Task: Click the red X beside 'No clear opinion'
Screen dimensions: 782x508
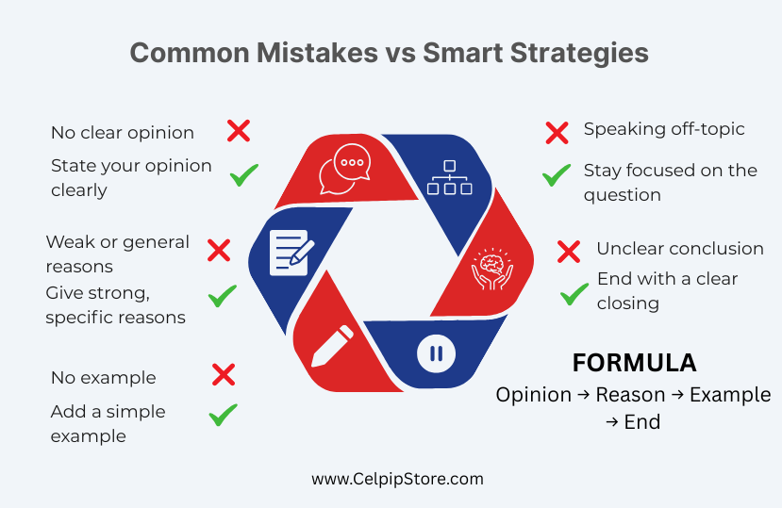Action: [x=239, y=131]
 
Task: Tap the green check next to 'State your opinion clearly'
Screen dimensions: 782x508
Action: [x=244, y=175]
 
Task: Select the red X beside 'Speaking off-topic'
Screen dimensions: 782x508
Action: [x=557, y=133]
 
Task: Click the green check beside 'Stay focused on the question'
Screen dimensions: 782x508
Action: [x=556, y=175]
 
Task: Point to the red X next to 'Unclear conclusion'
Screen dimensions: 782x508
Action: [x=569, y=252]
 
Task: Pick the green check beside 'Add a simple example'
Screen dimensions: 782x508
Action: [x=223, y=415]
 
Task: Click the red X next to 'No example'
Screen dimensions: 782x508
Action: [x=224, y=374]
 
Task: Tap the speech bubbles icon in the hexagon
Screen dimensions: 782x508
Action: [x=344, y=169]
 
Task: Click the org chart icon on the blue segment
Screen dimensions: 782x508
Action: [x=449, y=177]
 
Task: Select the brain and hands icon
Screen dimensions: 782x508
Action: [x=492, y=270]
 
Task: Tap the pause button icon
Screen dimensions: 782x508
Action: [x=436, y=353]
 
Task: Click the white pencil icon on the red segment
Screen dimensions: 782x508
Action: [x=332, y=346]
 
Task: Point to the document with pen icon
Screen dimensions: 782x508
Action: [x=291, y=253]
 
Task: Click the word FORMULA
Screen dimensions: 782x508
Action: [x=634, y=363]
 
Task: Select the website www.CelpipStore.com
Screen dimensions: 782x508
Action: [x=397, y=479]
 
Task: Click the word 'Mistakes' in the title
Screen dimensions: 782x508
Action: [x=317, y=53]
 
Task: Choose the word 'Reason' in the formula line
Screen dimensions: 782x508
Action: [x=630, y=395]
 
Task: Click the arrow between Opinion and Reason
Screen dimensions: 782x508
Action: [x=584, y=395]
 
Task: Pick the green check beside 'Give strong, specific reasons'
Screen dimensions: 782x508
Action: [x=223, y=296]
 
